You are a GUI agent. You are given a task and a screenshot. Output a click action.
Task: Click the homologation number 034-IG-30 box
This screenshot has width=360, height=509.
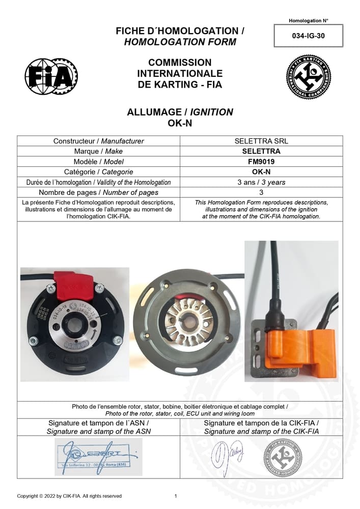click(309, 36)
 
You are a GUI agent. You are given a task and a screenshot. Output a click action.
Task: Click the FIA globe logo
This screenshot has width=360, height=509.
click(51, 77)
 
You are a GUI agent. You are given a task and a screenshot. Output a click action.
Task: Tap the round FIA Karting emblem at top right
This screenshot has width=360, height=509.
click(308, 77)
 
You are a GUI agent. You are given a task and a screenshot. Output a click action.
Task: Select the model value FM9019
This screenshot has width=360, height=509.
click(261, 161)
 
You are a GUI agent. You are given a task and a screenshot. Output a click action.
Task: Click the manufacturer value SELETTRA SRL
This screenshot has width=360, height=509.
click(261, 141)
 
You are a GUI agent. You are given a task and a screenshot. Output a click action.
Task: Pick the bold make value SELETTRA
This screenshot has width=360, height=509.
click(261, 151)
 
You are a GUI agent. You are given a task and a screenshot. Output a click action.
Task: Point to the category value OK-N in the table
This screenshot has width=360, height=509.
click(261, 172)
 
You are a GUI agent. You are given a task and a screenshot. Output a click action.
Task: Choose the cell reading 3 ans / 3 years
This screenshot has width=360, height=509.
click(261, 182)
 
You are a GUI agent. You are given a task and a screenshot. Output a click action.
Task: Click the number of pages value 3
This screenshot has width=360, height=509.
click(261, 192)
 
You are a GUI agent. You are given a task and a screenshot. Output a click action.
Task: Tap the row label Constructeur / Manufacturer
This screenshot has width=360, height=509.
click(99, 141)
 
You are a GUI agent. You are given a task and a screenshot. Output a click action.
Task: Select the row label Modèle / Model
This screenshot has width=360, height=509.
click(99, 161)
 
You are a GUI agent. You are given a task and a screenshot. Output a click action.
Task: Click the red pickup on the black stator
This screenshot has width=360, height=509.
click(74, 287)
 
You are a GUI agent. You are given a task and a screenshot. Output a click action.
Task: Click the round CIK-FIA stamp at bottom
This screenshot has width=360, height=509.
click(283, 457)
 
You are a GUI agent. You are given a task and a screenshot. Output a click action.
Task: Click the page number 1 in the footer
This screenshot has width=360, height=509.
click(176, 496)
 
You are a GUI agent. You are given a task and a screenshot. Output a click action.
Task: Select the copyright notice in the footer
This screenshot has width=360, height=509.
click(69, 496)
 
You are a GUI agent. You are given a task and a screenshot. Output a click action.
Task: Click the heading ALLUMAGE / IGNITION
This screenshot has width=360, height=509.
click(180, 112)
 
